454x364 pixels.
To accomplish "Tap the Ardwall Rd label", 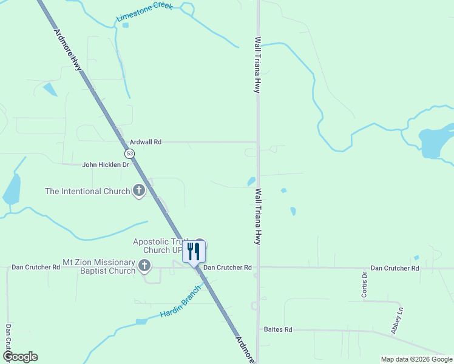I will tap(146, 141).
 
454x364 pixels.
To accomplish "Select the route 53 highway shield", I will tap(130, 153).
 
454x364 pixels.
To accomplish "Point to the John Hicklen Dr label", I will tap(106, 164).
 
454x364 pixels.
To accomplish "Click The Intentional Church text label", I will tap(87, 191).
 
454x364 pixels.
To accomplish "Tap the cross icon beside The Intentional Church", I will tap(139, 191).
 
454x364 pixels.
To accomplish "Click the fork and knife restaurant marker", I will tap(194, 251).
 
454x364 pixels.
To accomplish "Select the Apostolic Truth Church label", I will tap(159, 246).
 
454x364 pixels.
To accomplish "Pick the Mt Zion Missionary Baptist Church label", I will tap(99, 266).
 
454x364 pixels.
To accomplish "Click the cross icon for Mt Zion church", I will tap(144, 265).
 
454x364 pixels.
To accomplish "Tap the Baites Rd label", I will tap(278, 329).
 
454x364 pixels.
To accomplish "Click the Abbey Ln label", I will tap(398, 320).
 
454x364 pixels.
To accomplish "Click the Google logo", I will tap(20, 357).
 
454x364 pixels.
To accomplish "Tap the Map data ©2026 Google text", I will tap(416, 359).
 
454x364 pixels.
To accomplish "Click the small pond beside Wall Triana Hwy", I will tap(251, 181).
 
